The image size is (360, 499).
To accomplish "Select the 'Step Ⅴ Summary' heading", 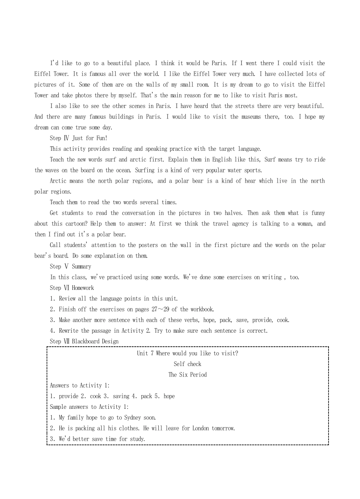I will [x=70, y=267].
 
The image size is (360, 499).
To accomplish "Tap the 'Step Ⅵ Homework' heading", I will [x=72, y=288].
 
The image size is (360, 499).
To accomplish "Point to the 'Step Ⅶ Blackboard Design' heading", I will [x=84, y=341].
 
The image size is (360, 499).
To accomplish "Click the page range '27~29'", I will [x=160, y=310].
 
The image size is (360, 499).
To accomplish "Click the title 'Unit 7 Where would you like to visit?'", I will [x=188, y=354].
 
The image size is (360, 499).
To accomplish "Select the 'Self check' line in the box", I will [x=188, y=364].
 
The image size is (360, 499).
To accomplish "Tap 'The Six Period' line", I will [x=188, y=375].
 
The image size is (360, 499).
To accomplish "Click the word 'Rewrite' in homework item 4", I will [x=69, y=331].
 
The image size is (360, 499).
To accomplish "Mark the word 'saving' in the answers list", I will [x=121, y=396].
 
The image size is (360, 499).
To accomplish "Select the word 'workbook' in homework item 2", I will [x=202, y=310].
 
